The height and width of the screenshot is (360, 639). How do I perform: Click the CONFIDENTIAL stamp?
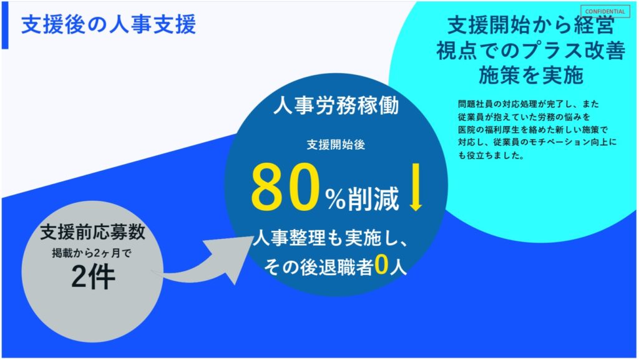click(605, 11)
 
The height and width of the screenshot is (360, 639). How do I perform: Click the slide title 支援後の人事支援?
click(109, 24)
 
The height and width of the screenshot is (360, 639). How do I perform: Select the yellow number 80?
click(285, 187)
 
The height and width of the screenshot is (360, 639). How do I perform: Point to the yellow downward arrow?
click(416, 187)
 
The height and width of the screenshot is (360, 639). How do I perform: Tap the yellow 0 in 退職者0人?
click(381, 265)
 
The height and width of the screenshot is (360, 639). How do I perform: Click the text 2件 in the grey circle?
click(93, 277)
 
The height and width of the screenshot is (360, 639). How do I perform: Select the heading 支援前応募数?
click(93, 231)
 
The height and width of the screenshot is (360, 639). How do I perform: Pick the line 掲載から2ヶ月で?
click(92, 253)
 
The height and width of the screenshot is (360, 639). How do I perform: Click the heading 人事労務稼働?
click(336, 106)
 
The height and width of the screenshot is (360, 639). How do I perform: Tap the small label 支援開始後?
click(336, 145)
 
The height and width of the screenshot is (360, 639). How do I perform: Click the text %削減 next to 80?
click(362, 198)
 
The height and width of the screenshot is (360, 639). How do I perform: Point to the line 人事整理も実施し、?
click(331, 238)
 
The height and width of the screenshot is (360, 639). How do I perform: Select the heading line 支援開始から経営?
click(530, 25)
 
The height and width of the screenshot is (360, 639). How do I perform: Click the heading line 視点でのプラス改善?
click(530, 51)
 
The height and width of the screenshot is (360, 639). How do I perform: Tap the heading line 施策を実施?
click(531, 75)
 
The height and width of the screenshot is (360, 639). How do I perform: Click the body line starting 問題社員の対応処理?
click(529, 104)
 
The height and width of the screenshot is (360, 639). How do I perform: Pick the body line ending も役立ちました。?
click(491, 155)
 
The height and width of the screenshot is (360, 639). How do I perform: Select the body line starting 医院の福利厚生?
click(533, 130)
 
